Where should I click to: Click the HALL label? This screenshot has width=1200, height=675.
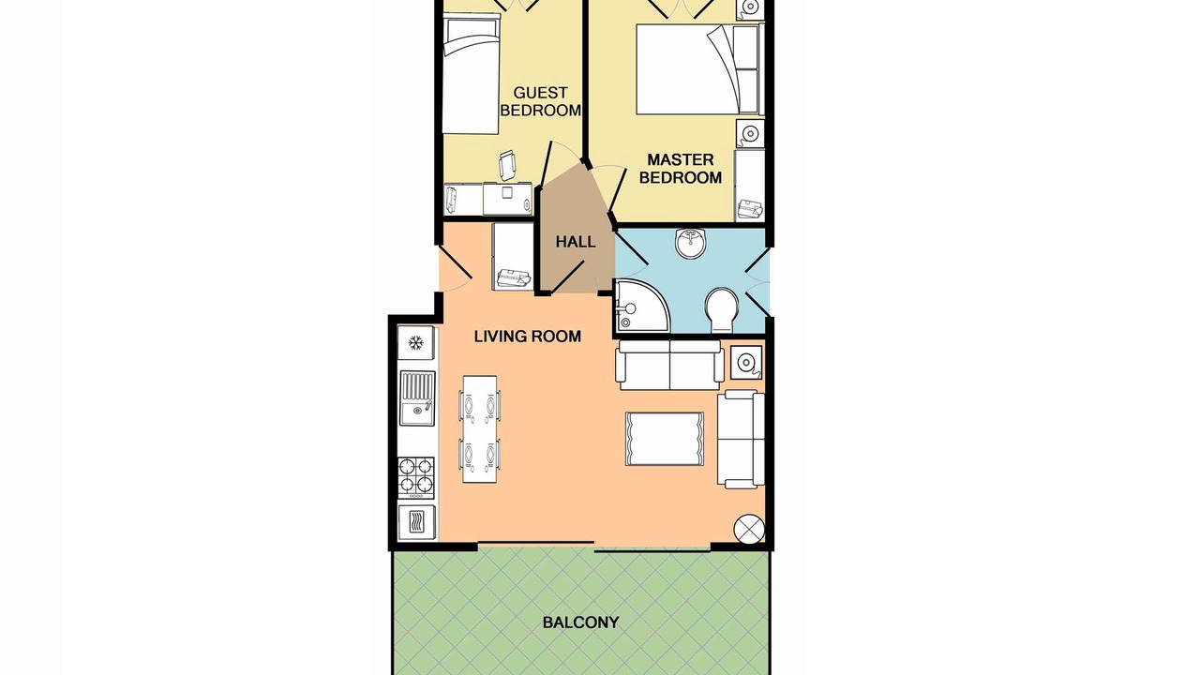tap(576, 242)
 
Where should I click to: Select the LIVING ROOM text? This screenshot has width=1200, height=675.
tap(528, 337)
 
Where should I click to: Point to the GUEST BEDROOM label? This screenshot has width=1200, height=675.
tap(540, 101)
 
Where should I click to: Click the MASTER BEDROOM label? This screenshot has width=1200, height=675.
tap(681, 168)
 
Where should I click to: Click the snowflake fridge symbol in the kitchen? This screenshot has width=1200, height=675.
tap(415, 342)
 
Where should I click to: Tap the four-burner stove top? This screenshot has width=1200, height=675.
tap(416, 477)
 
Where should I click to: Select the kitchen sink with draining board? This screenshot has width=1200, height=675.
tap(417, 398)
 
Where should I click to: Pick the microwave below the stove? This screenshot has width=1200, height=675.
tap(417, 521)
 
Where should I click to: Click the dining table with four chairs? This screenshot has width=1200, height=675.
tap(479, 428)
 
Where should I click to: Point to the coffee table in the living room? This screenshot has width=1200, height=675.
tap(665, 438)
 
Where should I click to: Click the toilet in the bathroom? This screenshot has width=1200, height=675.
tap(721, 309)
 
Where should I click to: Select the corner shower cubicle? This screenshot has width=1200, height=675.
tap(641, 305)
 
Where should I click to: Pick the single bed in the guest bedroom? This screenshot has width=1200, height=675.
tap(471, 74)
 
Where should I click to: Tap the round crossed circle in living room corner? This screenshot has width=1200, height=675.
tap(748, 530)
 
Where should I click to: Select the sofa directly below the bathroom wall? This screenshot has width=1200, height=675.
tap(669, 365)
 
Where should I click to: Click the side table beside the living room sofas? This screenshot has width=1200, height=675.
tap(746, 363)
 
